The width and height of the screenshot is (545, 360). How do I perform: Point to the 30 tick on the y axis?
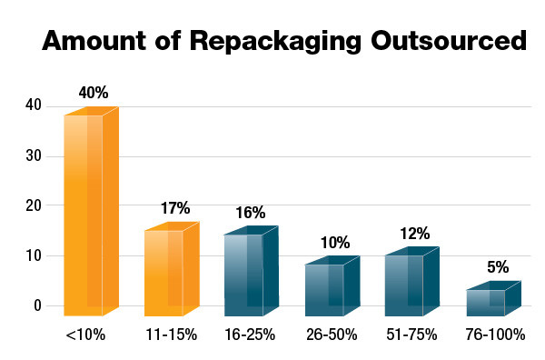pyautogui.click(x=34, y=155)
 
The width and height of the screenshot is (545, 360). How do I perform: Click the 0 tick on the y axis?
pyautogui.click(x=38, y=306)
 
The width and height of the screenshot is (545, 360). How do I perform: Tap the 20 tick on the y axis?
pyautogui.click(x=34, y=205)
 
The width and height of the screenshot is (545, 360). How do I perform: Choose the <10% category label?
pyautogui.click(x=85, y=335)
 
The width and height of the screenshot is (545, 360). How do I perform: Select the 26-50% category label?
pyautogui.click(x=331, y=335)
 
